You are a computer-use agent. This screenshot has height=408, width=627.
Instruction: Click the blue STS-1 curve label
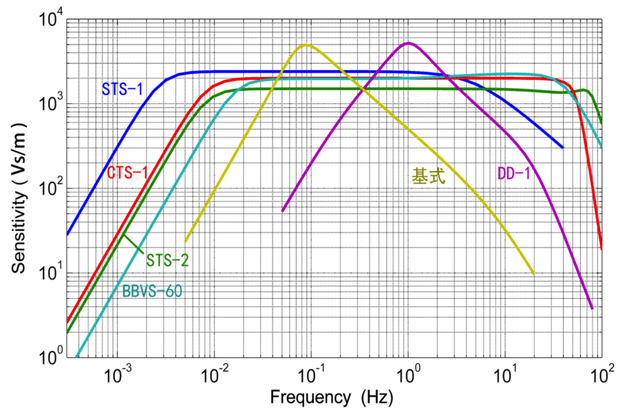pyautogui.click(x=122, y=89)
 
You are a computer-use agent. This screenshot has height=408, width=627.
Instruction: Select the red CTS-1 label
pyautogui.click(x=128, y=172)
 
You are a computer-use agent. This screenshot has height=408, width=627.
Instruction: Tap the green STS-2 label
pyautogui.click(x=167, y=261)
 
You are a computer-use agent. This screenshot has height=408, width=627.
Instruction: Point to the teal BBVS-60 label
pyautogui.click(x=152, y=291)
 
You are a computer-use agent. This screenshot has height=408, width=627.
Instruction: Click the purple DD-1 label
pyautogui.click(x=514, y=174)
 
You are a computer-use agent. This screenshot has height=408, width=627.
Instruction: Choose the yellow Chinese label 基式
pyautogui.click(x=428, y=175)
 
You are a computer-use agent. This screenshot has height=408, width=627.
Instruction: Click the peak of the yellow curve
pyautogui.click(x=306, y=45)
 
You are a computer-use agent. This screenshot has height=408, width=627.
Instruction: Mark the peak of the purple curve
pyautogui.click(x=408, y=43)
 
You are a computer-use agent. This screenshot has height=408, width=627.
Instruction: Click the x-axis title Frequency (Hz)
pyautogui.click(x=331, y=397)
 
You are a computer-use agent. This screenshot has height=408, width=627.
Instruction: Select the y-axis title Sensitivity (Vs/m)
pyautogui.click(x=19, y=198)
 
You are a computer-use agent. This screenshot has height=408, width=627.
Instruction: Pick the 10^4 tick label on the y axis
pyautogui.click(x=51, y=19)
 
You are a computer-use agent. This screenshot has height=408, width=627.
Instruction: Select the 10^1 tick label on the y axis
pyautogui.click(x=51, y=273)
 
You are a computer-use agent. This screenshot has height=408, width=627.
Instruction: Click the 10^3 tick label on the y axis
pyautogui.click(x=51, y=103)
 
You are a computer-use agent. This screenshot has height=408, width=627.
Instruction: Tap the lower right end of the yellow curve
pyautogui.click(x=534, y=274)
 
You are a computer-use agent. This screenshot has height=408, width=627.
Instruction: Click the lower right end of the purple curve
pyautogui.click(x=592, y=309)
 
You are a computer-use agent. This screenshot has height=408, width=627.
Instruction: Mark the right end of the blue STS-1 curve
pyautogui.click(x=563, y=148)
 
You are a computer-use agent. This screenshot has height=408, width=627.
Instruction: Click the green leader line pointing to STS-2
pyautogui.click(x=133, y=244)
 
